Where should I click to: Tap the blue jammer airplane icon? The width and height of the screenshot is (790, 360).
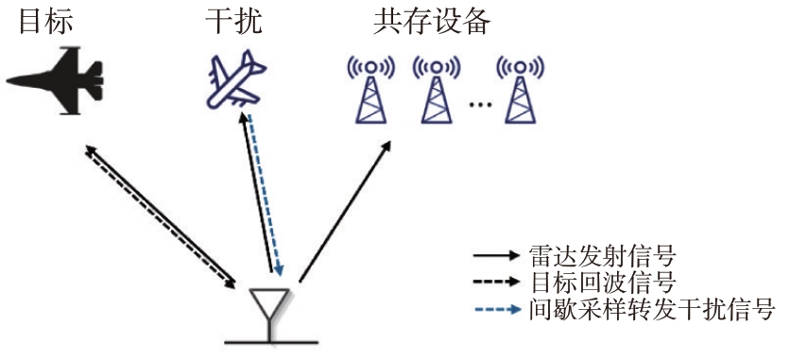pyautogui.click(x=236, y=79)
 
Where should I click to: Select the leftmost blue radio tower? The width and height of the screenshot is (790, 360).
pyautogui.click(x=370, y=91)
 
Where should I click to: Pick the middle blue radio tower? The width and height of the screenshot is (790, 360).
pyautogui.click(x=437, y=91)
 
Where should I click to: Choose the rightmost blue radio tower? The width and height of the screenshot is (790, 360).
pyautogui.click(x=521, y=91)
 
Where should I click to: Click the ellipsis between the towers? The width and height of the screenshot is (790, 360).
pyautogui.click(x=479, y=104)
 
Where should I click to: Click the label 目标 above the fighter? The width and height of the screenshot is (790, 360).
pyautogui.click(x=45, y=22)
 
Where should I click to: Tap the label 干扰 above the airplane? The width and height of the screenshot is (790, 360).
pyautogui.click(x=233, y=22)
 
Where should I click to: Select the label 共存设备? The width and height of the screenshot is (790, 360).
pyautogui.click(x=432, y=22)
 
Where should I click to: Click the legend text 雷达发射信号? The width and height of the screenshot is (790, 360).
pyautogui.click(x=602, y=256)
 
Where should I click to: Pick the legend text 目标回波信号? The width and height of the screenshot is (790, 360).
pyautogui.click(x=602, y=283)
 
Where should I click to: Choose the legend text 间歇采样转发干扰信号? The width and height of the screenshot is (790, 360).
pyautogui.click(x=651, y=309)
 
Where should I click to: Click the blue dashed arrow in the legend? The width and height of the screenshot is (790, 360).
pyautogui.click(x=497, y=309)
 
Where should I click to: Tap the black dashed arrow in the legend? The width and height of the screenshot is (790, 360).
pyautogui.click(x=496, y=282)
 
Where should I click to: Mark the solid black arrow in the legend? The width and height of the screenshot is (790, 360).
pyautogui.click(x=496, y=255)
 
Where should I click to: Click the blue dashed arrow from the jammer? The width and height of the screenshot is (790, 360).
pyautogui.click(x=266, y=196)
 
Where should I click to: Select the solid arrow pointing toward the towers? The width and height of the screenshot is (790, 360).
pyautogui.click(x=345, y=211)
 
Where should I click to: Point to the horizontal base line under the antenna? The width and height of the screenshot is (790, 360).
pyautogui.click(x=271, y=342)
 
